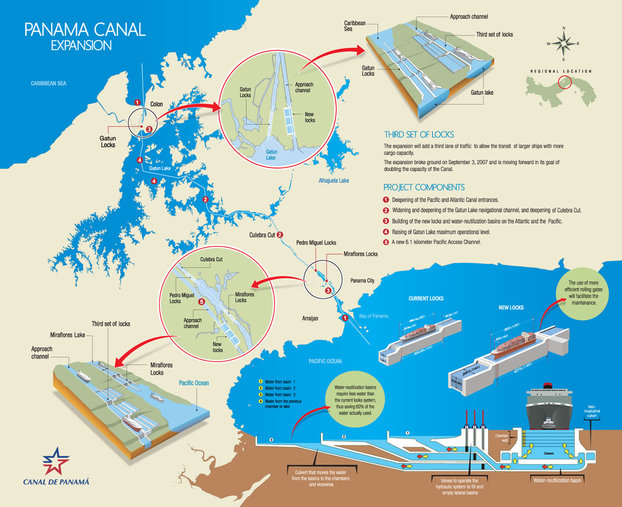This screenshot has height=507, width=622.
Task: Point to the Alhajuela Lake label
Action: [334, 181]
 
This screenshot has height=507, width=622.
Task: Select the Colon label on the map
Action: [157, 104]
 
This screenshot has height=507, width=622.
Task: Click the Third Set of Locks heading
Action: [419, 134]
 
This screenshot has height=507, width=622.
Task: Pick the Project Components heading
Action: [424, 187]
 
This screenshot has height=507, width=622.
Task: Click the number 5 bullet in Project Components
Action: [386, 242]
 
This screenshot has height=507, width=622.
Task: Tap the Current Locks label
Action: [426, 298]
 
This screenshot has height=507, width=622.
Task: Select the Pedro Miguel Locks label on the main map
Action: [316, 242]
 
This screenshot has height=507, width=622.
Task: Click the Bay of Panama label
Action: [373, 316]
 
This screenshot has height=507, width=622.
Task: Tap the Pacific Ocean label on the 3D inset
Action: [193, 383]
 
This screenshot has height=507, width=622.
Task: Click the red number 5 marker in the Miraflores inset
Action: [202, 302]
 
